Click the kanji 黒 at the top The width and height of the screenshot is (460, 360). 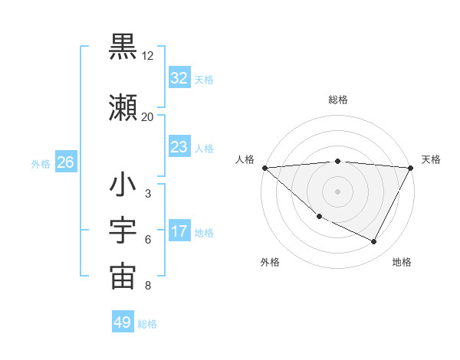(x=123, y=47)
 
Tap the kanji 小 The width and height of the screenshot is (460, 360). (x=123, y=185)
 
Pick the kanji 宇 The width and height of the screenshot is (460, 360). (x=123, y=232)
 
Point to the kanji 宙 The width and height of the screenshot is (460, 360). (x=123, y=277)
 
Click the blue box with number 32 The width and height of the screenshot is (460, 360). (x=179, y=79)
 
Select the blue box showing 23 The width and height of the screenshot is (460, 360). (x=179, y=148)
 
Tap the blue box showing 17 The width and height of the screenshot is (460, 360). (x=179, y=232)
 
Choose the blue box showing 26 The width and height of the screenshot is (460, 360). (x=65, y=162)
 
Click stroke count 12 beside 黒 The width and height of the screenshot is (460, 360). (x=148, y=57)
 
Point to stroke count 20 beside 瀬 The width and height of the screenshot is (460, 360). (x=147, y=116)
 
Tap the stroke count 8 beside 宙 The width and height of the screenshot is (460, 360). (x=148, y=286)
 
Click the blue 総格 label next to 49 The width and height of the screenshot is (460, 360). (x=147, y=324)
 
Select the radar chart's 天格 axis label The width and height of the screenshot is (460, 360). (x=432, y=159)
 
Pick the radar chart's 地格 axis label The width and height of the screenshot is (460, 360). (x=402, y=262)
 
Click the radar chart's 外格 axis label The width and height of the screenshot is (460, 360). (x=270, y=262)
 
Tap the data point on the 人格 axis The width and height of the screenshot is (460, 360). (x=264, y=168)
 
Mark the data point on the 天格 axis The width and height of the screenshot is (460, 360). (x=411, y=168)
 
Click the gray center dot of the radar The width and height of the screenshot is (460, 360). (x=337, y=191)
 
